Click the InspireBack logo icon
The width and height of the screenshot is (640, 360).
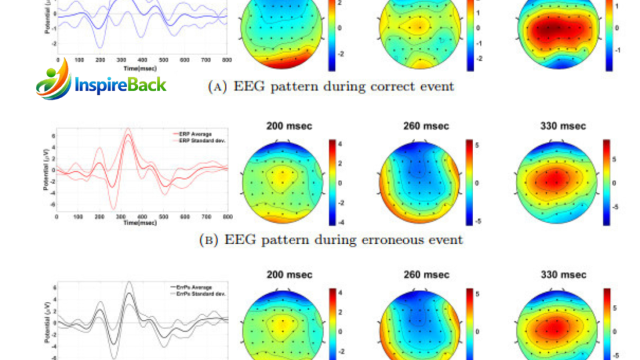point(53,82)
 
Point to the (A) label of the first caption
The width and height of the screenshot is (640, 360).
point(218,87)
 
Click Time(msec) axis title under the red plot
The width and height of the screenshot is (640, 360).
point(140,222)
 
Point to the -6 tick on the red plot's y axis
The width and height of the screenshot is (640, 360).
point(53,204)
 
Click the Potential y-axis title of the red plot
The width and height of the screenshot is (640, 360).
point(47,170)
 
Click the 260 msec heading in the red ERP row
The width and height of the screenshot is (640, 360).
point(427,126)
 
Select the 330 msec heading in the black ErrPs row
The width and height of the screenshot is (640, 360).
point(564,275)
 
